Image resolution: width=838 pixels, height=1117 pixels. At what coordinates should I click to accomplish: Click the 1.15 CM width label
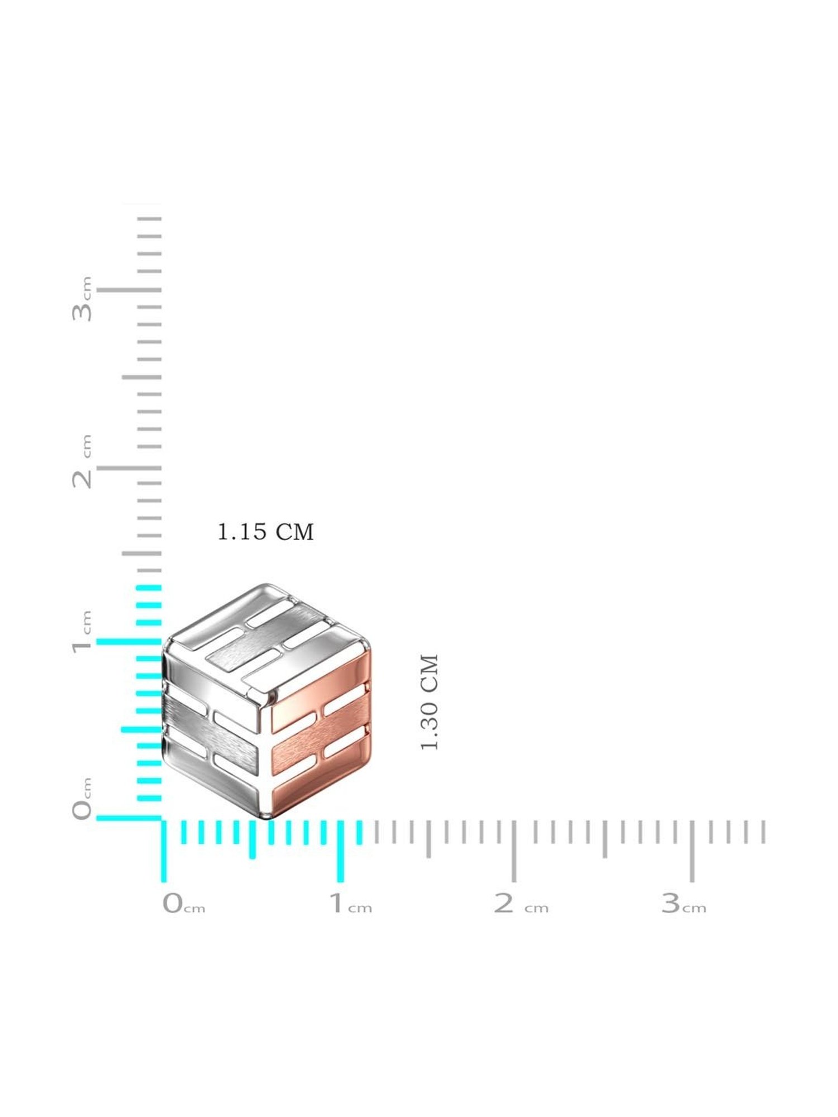click(265, 532)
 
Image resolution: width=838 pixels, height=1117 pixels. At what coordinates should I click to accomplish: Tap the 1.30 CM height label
click(430, 703)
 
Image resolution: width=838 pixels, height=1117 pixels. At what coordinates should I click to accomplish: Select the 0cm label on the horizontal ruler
click(184, 903)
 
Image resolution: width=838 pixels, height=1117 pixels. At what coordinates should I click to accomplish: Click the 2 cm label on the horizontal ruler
click(521, 903)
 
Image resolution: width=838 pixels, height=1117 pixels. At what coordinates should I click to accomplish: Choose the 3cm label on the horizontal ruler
click(684, 903)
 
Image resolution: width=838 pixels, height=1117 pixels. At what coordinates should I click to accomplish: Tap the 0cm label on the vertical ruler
click(82, 799)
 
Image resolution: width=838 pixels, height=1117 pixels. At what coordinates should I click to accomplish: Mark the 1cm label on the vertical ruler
click(82, 632)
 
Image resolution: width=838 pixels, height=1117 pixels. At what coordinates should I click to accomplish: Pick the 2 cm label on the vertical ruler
click(82, 461)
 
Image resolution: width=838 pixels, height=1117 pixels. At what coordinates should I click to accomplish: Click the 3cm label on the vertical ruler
click(82, 299)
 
